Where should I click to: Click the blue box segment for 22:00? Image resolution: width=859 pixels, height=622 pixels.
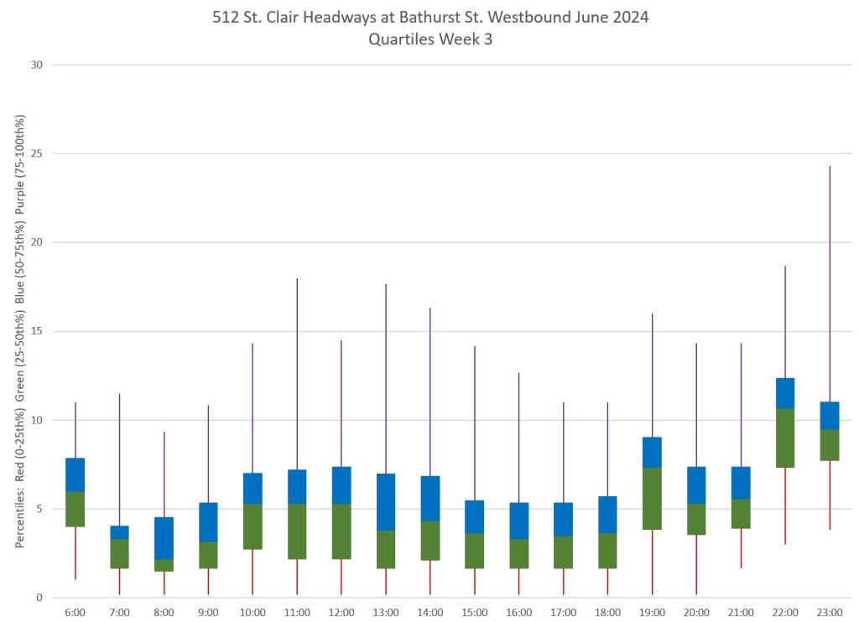click(785, 393)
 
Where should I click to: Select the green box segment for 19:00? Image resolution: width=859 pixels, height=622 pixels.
click(652, 498)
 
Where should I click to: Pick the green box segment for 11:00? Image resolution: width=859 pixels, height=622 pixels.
click(297, 531)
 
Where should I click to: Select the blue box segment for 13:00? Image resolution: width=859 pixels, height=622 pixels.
click(386, 502)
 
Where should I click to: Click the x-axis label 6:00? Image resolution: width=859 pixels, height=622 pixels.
click(75, 613)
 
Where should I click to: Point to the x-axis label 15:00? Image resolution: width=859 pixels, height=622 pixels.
click(474, 613)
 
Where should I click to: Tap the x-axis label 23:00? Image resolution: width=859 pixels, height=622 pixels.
click(830, 613)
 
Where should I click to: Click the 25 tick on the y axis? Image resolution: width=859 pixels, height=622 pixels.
click(36, 153)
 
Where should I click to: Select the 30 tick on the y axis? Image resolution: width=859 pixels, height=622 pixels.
click(36, 65)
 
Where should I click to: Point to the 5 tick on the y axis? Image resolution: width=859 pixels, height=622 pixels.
click(39, 509)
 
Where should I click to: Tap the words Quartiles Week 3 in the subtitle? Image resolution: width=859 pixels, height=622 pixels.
click(429, 39)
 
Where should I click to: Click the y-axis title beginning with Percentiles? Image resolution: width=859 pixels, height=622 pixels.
click(19, 331)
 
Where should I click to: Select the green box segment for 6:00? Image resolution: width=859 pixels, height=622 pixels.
click(75, 509)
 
